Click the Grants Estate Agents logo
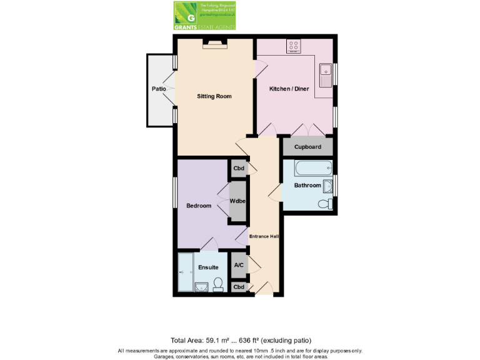204,16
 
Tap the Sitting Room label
214,96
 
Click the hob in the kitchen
294,46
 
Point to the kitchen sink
325,75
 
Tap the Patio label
159,89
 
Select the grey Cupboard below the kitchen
307,147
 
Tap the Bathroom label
307,185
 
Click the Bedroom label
199,206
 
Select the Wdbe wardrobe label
237,201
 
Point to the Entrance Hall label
264,236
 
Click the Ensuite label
208,267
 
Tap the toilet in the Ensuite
218,285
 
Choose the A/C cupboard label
239,265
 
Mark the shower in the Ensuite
186,272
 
